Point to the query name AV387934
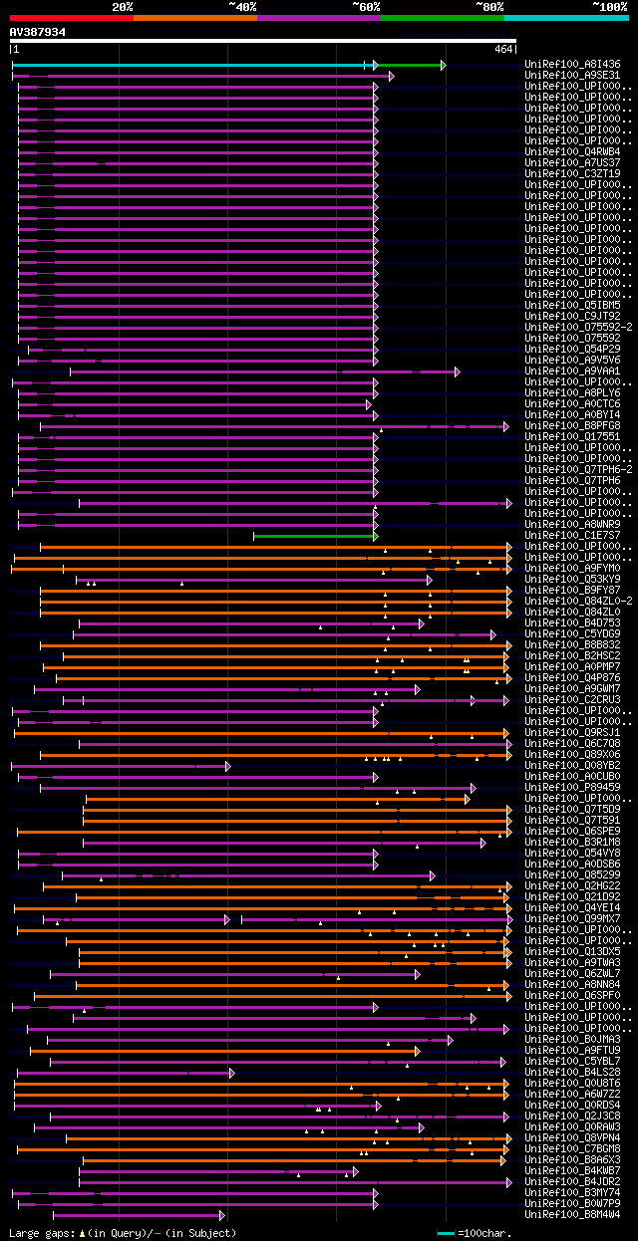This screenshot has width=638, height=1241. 38,32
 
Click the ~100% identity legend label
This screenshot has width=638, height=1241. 609,7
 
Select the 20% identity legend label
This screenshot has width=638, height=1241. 123,7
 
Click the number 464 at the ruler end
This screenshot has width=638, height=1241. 503,49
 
